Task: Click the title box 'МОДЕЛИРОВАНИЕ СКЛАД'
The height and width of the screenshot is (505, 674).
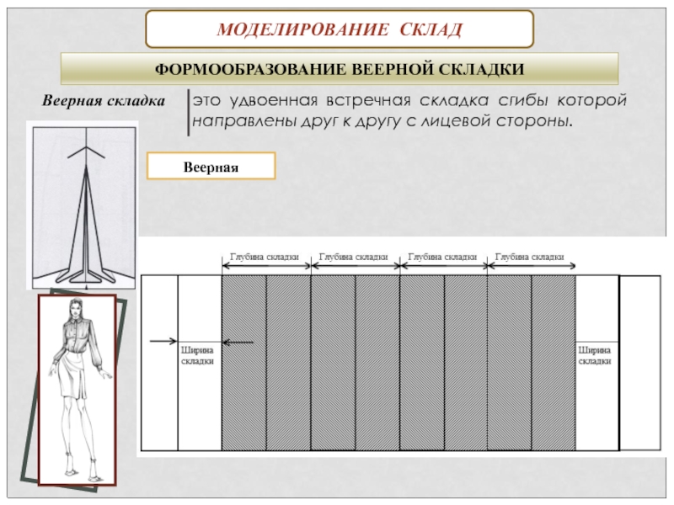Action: (340, 30)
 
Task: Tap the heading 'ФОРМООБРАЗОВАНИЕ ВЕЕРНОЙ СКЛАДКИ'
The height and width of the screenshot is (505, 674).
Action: (339, 68)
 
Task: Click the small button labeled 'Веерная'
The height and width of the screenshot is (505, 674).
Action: (211, 167)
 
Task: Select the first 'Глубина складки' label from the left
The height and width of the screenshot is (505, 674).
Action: (265, 257)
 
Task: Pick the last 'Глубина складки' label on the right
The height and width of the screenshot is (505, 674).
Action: (530, 257)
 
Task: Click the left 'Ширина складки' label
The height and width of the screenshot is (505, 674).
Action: (198, 353)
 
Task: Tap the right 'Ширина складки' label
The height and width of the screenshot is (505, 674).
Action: (595, 353)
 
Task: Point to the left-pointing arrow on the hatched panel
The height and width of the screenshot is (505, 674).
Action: (239, 342)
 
